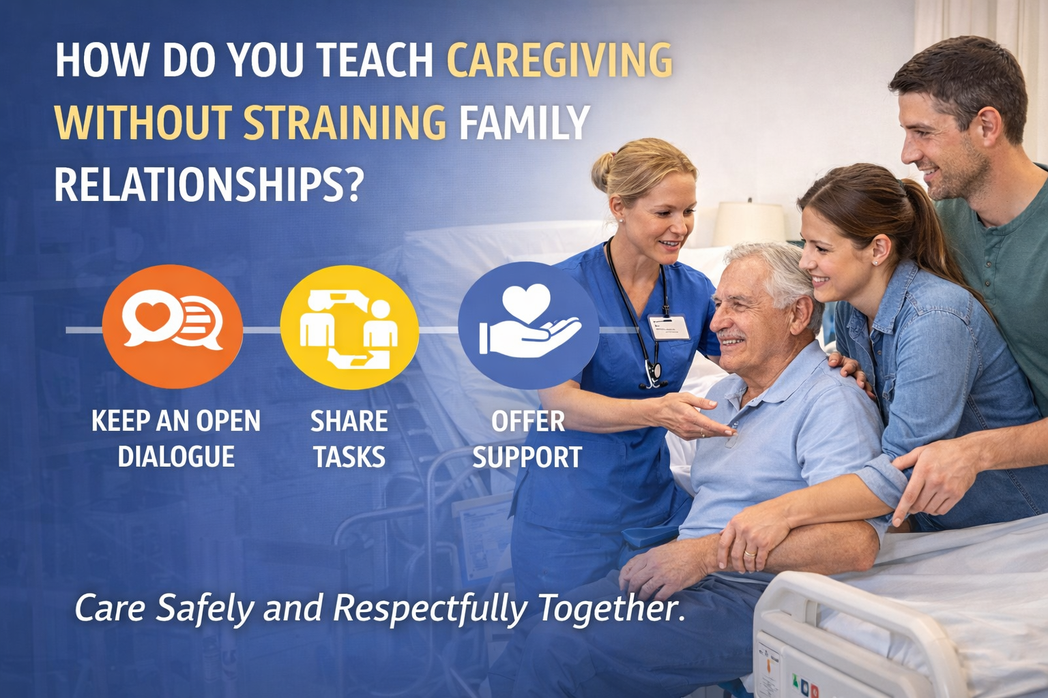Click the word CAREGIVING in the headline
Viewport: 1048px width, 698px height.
coord(559,60)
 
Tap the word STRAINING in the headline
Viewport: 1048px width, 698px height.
coord(345,123)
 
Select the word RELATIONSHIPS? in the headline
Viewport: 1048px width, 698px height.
coord(208,184)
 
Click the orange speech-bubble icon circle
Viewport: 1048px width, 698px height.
coord(172,327)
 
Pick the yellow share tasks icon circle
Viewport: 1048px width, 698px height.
coord(349,328)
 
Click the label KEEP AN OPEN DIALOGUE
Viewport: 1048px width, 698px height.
coord(176,438)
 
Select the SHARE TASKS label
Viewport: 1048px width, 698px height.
coord(349,438)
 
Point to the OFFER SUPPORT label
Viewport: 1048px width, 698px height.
coord(527,438)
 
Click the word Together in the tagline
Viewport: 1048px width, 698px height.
coord(611,607)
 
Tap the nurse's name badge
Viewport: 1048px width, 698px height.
coord(669,327)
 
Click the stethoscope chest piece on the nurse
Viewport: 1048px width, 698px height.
coord(653,374)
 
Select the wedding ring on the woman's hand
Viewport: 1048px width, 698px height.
coord(749,553)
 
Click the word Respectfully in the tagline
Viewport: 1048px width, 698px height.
coord(430,607)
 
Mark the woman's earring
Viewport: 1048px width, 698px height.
coord(875,262)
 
